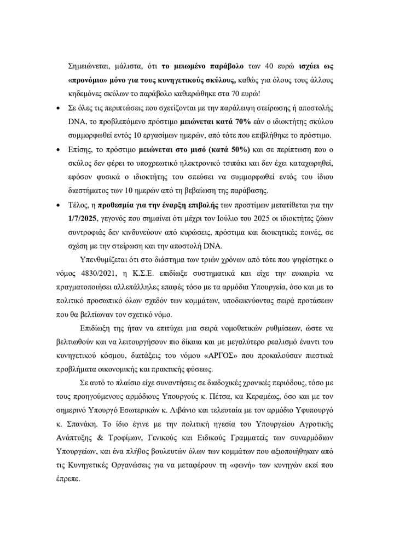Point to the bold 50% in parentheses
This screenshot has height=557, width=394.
pos(236,149)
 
